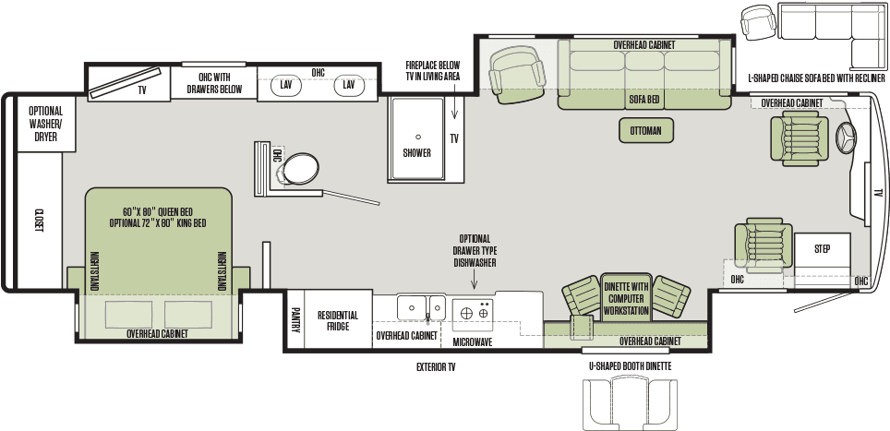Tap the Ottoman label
tap(645, 131)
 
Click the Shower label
tap(416, 153)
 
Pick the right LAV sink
tap(348, 85)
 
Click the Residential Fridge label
tap(338, 321)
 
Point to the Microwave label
tap(472, 341)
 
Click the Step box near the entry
tap(823, 249)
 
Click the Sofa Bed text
tap(643, 99)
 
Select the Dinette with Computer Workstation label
tap(627, 298)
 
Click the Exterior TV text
tap(436, 366)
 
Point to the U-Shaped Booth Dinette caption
tap(630, 366)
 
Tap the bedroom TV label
tap(142, 90)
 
